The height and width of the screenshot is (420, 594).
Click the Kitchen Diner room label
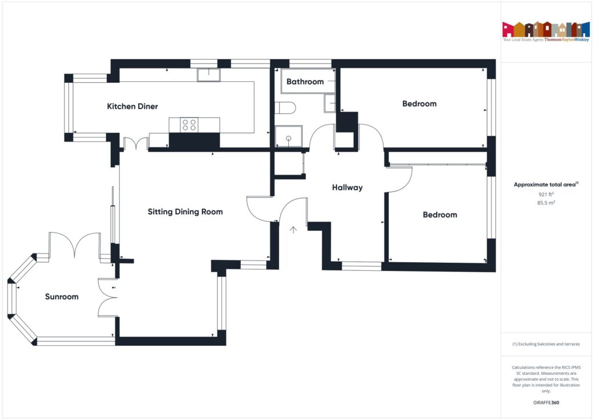click(x=132, y=106)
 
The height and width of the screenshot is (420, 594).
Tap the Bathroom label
click(x=305, y=81)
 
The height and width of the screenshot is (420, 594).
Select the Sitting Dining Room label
click(x=185, y=212)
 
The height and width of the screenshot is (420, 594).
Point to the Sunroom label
click(x=61, y=296)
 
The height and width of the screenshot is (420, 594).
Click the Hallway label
click(x=347, y=187)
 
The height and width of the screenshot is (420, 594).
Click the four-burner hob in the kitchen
click(x=189, y=125)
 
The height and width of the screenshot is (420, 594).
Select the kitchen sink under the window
click(x=209, y=75)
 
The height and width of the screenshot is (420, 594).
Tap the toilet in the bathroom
click(x=285, y=108)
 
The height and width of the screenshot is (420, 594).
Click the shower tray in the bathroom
click(x=289, y=136)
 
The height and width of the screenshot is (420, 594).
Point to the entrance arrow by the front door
click(x=293, y=230)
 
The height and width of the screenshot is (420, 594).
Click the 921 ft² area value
click(x=546, y=194)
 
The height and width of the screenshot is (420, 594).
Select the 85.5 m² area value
click(x=546, y=202)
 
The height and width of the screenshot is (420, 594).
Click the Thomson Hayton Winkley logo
click(x=546, y=31)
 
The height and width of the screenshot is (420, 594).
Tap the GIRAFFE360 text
click(x=546, y=403)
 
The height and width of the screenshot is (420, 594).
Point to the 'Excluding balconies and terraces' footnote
click(x=546, y=344)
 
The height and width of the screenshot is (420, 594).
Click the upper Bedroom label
click(x=419, y=104)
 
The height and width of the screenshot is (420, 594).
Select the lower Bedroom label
click(x=440, y=215)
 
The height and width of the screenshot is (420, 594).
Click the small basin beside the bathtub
click(x=329, y=103)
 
